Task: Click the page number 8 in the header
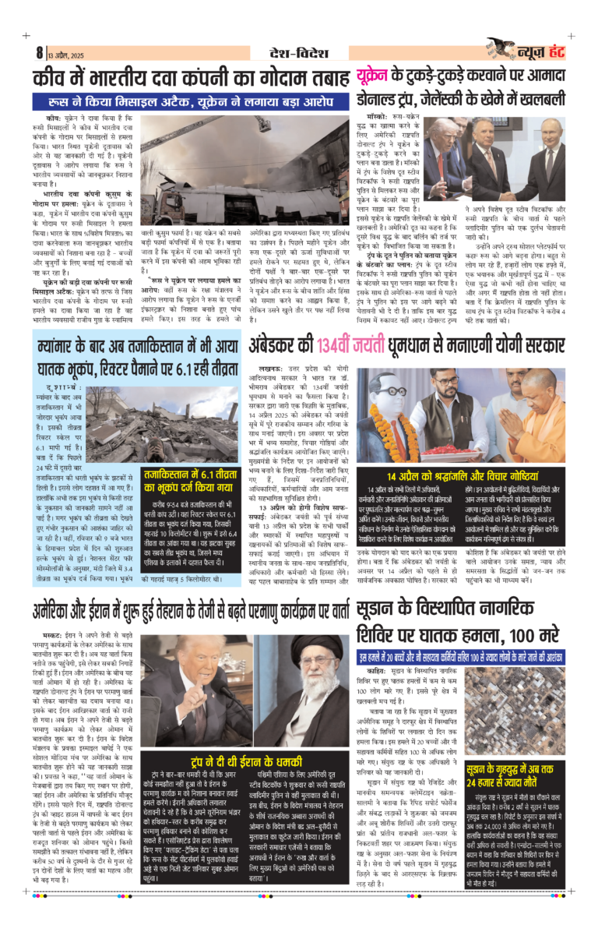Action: pyautogui.click(x=38, y=53)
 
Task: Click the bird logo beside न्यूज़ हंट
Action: pyautogui.click(x=501, y=48)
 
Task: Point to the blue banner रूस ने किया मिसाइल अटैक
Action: pyautogui.click(x=191, y=102)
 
